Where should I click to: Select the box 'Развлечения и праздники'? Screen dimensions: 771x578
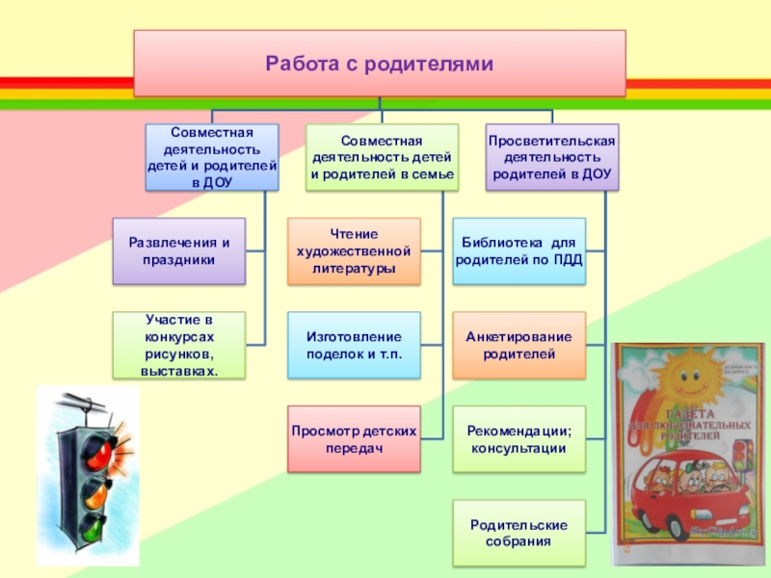[178, 250]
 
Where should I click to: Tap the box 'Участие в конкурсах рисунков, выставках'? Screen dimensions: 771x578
[178, 344]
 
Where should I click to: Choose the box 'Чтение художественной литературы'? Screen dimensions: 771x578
[355, 250]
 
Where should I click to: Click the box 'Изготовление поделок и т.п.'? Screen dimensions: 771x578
[355, 344]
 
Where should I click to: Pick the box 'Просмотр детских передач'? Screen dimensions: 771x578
[355, 439]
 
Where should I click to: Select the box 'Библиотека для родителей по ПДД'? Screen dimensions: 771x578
[519, 250]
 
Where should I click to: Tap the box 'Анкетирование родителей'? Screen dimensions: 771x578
[519, 344]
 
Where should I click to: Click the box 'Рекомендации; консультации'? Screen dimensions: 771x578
[519, 439]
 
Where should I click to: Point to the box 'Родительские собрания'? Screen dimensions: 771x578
[519, 533]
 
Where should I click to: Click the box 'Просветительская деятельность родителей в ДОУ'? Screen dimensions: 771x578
[551, 157]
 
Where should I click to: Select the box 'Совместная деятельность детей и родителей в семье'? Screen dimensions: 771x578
[383, 157]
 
